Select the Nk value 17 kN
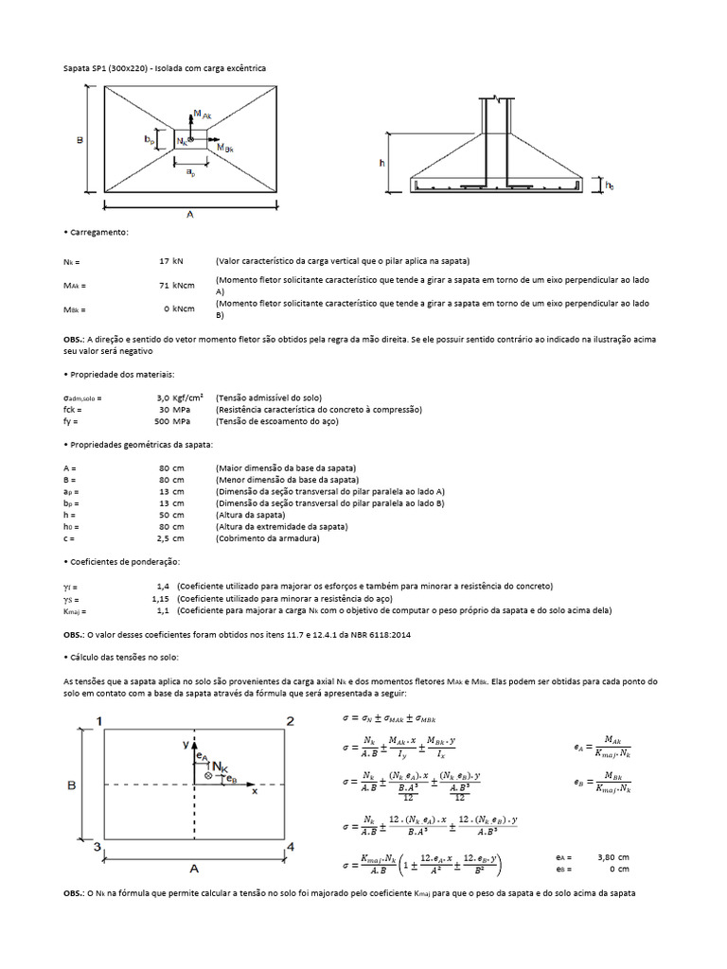[172, 260]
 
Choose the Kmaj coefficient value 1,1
[162, 610]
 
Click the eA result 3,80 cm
[613, 856]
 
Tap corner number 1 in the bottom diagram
[100, 722]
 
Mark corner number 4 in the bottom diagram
[291, 847]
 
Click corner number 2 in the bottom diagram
[291, 722]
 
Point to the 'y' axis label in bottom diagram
[186, 745]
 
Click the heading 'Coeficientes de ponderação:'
[120, 562]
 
